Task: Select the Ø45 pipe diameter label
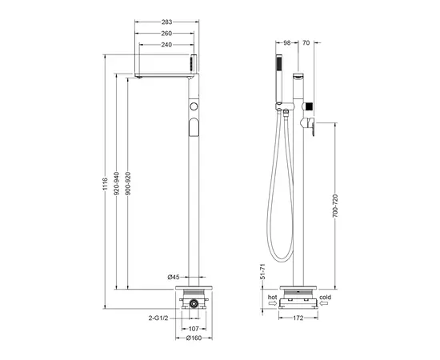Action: [173, 276]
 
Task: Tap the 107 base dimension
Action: [194, 327]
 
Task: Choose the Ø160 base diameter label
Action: [194, 338]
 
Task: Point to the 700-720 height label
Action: [336, 210]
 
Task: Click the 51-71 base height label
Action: [261, 272]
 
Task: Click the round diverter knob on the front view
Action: [193, 106]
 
